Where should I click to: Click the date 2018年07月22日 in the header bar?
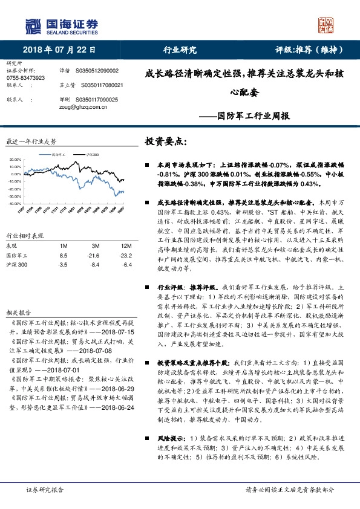59,50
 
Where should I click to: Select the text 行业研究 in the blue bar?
180,50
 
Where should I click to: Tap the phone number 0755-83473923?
25,79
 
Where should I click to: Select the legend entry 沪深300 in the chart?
91,155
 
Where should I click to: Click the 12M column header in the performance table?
125,246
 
